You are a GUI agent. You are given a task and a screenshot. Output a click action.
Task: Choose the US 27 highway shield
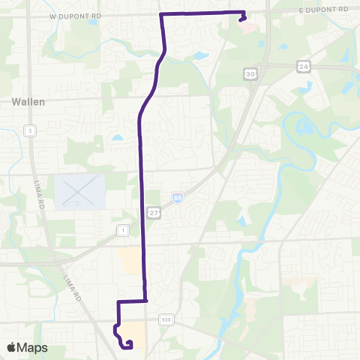click(x=152, y=213)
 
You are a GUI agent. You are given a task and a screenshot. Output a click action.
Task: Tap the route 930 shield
click(x=165, y=319)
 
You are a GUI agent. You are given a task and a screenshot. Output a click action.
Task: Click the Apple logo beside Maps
click(x=11, y=347)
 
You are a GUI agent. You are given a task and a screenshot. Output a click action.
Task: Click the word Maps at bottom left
click(x=32, y=347)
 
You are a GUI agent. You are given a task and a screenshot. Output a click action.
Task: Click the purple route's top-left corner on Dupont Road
click(x=161, y=14)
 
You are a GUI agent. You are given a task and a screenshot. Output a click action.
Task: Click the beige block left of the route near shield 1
click(x=130, y=260)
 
